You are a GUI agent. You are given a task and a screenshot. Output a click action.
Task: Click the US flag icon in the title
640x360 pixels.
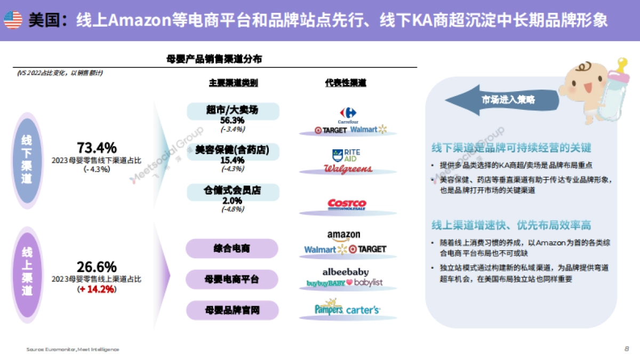point(13,20)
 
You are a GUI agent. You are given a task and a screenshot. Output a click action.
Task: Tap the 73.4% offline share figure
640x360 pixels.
point(97,148)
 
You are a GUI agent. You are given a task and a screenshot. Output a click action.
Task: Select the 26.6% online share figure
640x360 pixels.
point(97,267)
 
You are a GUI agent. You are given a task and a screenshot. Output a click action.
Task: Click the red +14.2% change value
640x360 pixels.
point(97,289)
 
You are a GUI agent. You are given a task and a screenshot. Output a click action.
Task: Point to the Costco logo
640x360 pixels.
point(347,204)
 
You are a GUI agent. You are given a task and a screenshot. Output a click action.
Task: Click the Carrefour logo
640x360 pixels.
point(348,114)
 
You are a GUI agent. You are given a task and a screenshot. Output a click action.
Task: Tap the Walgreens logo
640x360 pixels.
point(348,169)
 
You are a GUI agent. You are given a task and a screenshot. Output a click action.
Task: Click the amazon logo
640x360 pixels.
point(343,235)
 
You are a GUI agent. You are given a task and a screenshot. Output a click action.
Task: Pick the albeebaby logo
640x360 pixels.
point(345,272)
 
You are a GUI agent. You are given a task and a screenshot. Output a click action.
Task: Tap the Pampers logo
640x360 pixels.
point(329,309)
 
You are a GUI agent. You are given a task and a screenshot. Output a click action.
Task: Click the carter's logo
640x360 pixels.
point(363,309)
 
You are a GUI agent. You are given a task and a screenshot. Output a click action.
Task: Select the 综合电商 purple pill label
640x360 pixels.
point(231,249)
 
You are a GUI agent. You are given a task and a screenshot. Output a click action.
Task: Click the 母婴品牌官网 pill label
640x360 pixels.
point(231,310)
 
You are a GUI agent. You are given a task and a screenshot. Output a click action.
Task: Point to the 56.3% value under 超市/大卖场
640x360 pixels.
point(233,121)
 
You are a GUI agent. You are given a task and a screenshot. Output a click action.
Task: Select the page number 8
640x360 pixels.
point(626,349)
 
